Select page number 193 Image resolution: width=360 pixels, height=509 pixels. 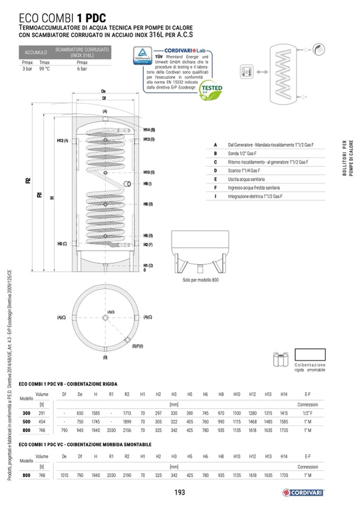tap(179, 493)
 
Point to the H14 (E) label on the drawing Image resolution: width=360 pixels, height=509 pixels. tap(149, 130)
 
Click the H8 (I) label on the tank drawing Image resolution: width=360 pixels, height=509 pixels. tap(148, 184)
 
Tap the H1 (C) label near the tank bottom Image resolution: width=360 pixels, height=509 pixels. tap(148, 265)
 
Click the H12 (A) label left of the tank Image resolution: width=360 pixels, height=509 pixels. tap(63, 140)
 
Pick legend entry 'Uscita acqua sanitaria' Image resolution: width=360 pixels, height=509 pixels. tap(247, 179)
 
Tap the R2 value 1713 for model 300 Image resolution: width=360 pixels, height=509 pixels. tap(127, 412)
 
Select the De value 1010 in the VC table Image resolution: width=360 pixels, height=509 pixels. tap(64, 476)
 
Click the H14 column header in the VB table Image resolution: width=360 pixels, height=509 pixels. tap(284, 394)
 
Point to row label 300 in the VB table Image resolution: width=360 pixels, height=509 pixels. tap(26, 412)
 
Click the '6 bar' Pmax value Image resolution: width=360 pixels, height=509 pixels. tap(82, 68)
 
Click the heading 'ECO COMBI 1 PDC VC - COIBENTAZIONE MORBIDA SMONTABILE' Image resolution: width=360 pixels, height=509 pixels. tap(85, 444)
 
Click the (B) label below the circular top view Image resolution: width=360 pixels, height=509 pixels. tap(105, 357)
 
